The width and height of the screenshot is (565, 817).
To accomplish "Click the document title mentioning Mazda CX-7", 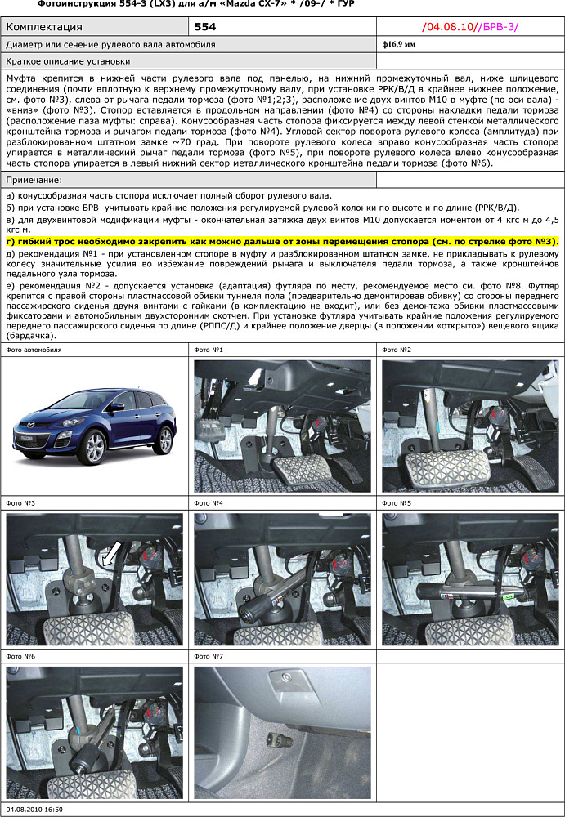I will coord(184,5).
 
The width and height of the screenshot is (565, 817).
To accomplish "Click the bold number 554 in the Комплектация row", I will coord(205,27).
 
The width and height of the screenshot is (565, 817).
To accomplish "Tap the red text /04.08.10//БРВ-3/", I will coord(469,27).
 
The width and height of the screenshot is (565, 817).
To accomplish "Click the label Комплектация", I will coord(48,27).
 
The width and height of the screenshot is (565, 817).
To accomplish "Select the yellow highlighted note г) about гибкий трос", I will coord(282,242).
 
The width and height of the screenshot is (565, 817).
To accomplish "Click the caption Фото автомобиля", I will coord(34,350).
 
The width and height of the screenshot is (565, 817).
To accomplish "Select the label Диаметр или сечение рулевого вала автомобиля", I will coord(110,44).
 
